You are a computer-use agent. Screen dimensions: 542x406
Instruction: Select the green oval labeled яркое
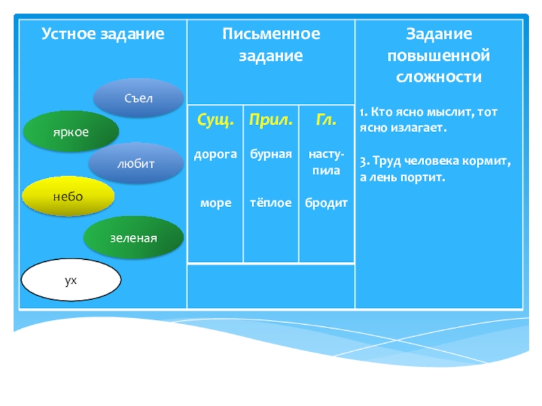[71, 131]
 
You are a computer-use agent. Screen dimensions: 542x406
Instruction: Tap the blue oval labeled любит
[135, 164]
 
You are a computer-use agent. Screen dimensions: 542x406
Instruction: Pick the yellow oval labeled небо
[68, 196]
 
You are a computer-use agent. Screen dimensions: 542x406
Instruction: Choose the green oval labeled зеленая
[133, 238]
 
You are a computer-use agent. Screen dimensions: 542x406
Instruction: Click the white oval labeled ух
[71, 279]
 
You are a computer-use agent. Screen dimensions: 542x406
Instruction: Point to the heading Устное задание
[103, 34]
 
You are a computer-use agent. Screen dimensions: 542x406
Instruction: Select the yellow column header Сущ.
[215, 120]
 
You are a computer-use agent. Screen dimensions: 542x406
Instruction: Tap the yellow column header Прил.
[271, 120]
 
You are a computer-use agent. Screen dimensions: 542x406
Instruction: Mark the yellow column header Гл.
[326, 120]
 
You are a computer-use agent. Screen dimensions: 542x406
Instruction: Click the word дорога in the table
[215, 154]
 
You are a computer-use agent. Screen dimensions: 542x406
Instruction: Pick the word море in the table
[215, 203]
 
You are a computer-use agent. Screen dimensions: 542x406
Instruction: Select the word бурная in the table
[271, 154]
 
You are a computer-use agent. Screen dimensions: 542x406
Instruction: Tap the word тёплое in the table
[271, 203]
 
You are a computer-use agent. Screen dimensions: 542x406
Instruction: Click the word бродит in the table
[326, 203]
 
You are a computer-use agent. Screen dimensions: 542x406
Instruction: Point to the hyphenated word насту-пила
[326, 162]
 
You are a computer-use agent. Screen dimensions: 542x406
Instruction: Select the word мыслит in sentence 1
[444, 112]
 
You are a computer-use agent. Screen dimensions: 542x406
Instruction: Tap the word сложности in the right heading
[438, 77]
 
